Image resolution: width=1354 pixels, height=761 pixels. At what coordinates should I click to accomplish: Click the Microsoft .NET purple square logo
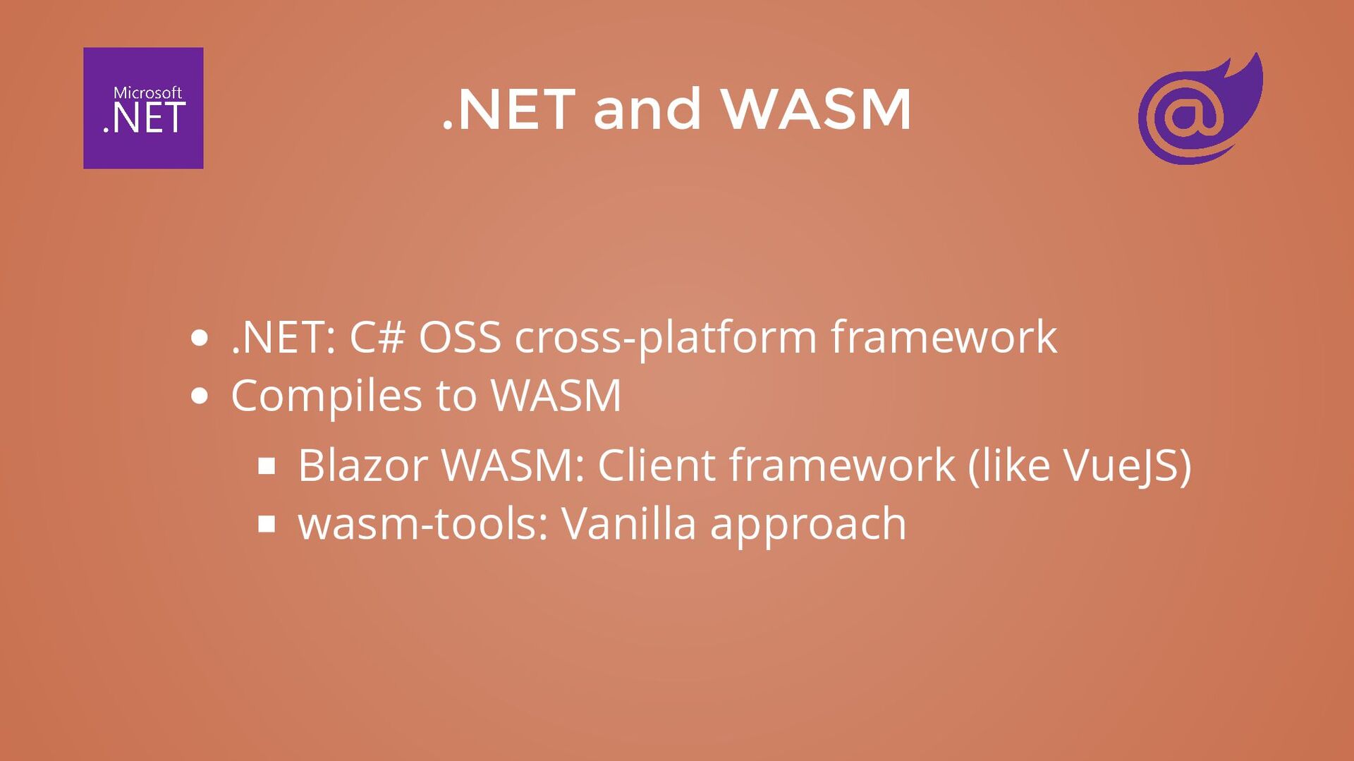click(x=143, y=108)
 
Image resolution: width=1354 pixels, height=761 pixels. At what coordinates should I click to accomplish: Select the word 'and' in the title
click(x=647, y=109)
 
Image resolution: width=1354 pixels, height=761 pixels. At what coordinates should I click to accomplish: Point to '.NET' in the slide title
click(x=508, y=109)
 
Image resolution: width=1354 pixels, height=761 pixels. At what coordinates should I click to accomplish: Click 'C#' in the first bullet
click(x=377, y=336)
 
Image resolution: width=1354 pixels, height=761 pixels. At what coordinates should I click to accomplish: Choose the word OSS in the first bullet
click(x=459, y=336)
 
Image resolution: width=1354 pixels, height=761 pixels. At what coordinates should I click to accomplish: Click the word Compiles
click(x=327, y=396)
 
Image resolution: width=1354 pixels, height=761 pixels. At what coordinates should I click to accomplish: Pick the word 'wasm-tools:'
click(x=423, y=524)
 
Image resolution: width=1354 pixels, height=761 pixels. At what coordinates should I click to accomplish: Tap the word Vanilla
click(x=628, y=524)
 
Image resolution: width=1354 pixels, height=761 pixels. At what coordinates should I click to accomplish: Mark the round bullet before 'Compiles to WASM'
click(x=200, y=396)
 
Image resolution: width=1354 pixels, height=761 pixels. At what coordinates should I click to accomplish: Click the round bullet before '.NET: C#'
click(x=200, y=338)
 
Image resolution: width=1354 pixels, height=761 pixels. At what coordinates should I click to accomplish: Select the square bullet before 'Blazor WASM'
click(x=267, y=465)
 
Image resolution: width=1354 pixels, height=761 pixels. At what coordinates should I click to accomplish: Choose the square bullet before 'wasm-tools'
click(x=267, y=524)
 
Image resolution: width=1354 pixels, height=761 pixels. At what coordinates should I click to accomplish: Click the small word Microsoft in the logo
click(x=147, y=92)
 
